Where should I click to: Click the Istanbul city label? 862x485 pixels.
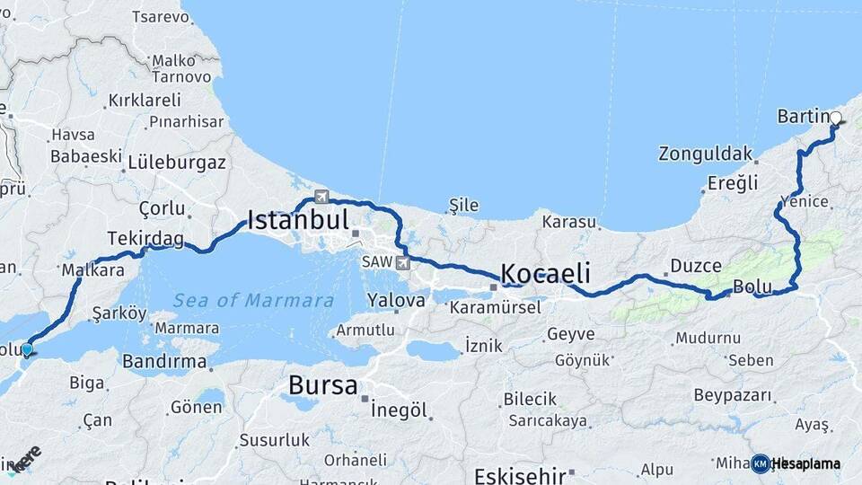297,220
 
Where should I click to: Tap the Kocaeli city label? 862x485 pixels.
545,273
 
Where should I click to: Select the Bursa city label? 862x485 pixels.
322,386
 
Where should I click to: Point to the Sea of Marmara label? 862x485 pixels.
253,301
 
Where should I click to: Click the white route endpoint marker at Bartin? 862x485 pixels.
836,118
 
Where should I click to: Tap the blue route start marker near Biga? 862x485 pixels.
27,349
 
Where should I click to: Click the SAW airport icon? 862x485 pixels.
400,262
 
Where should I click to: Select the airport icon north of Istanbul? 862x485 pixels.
321,197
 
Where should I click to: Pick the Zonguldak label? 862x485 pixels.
705,154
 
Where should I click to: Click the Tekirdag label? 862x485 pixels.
145,239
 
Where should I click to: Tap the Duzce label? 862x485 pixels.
696,266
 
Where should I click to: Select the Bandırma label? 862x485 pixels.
164,362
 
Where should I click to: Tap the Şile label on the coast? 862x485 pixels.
463,206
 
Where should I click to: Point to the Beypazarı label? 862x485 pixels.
734,395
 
